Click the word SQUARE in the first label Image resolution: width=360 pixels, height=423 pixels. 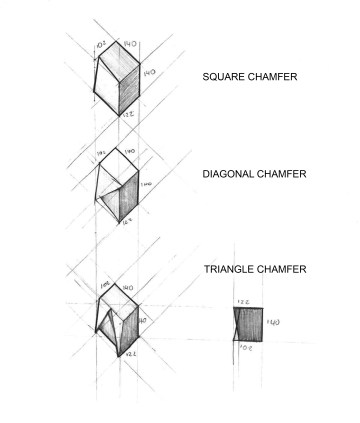pos(223,77)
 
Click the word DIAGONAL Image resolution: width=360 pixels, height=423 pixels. pos(227,174)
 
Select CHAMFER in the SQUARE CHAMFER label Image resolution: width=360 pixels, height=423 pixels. pos(274,77)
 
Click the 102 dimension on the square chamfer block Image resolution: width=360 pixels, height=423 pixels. pos(103,44)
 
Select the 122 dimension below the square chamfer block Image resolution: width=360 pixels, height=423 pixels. pos(128,116)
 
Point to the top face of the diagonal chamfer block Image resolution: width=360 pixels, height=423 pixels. pos(118,165)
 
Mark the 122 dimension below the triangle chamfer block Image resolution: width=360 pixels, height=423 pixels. pos(126,354)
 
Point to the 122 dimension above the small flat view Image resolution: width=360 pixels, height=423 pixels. pos(243,301)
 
